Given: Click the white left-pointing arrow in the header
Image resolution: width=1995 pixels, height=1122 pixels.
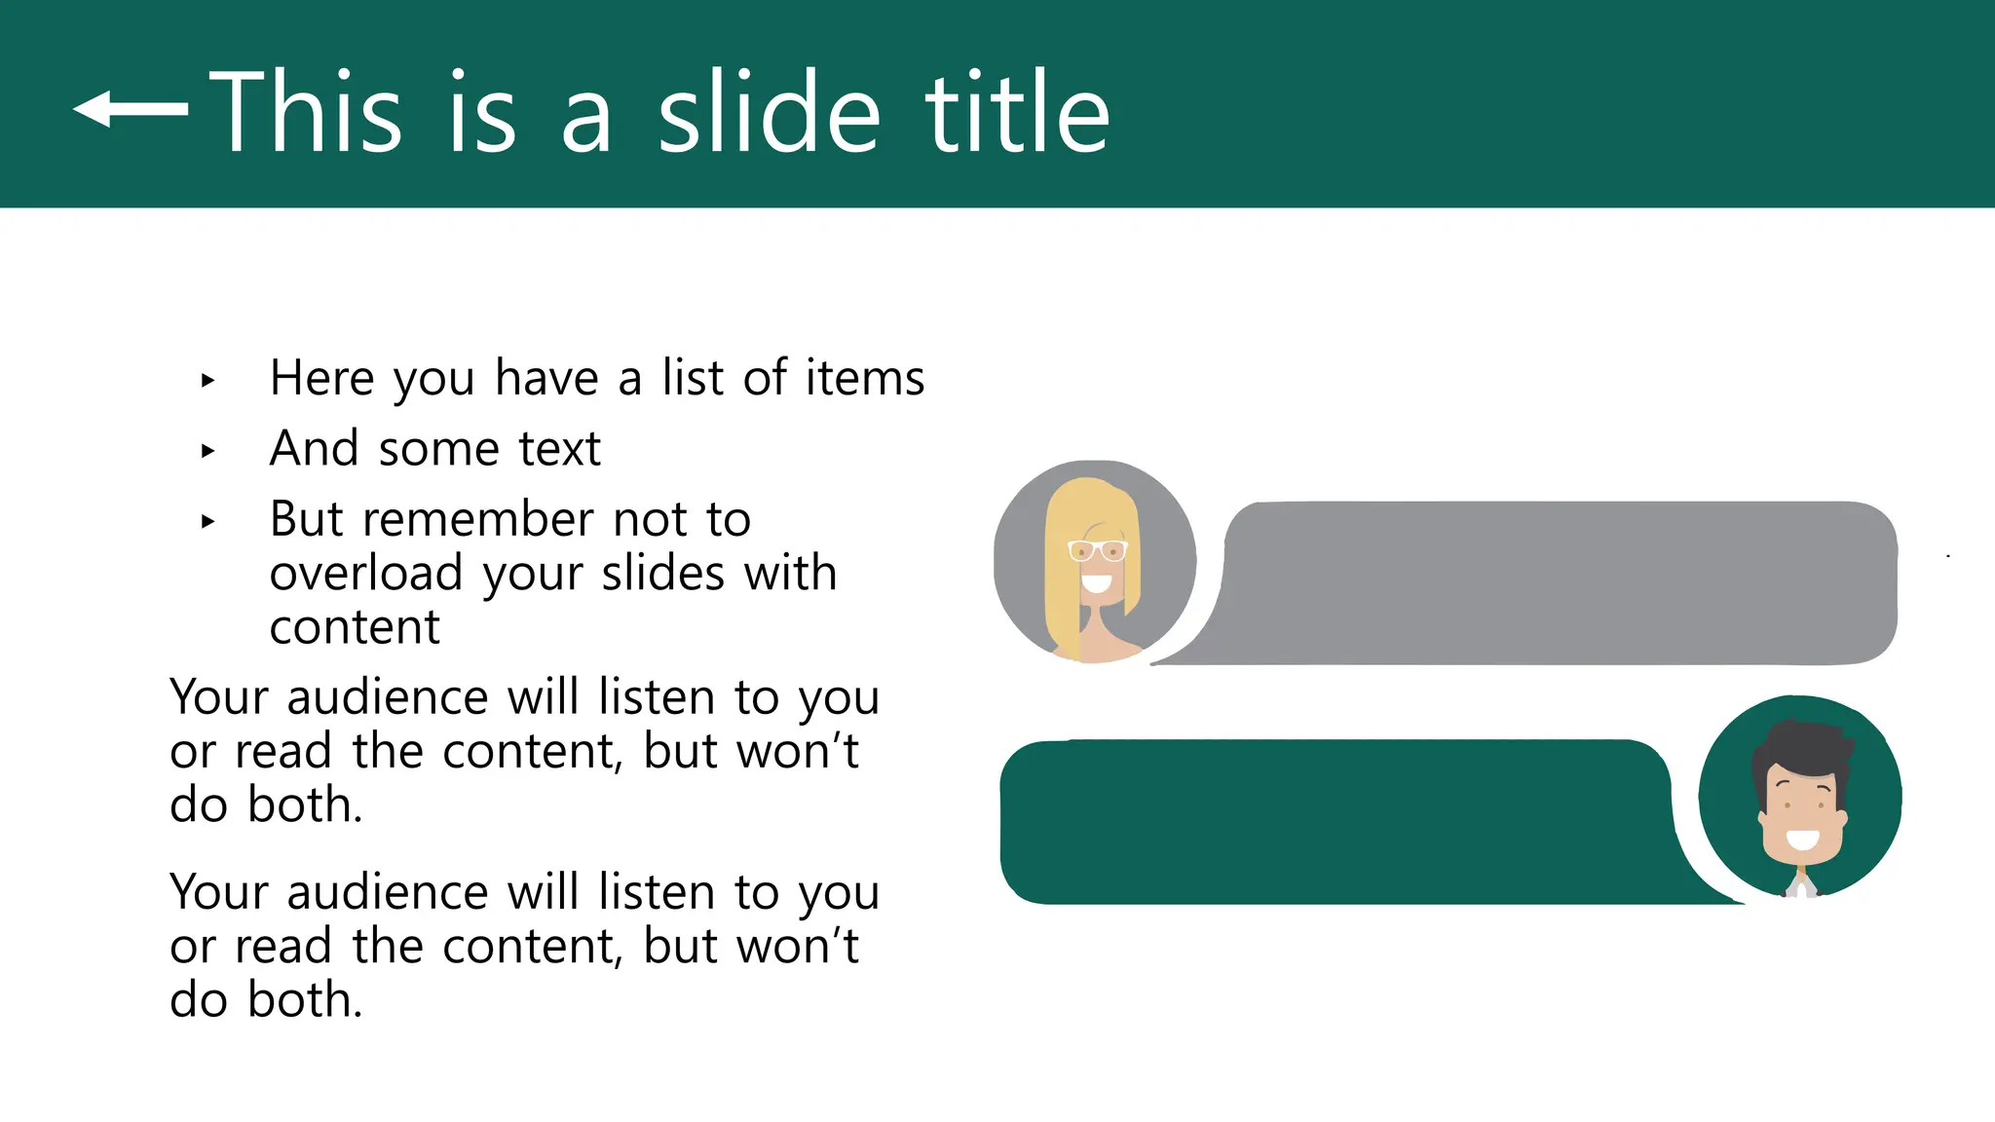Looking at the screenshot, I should pos(131,109).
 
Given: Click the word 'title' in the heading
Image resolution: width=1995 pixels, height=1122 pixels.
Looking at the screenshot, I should pos(1017,113).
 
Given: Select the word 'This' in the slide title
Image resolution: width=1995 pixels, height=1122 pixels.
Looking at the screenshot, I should pos(305,113).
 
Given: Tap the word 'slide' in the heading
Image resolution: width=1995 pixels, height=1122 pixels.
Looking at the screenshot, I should pos(770,113).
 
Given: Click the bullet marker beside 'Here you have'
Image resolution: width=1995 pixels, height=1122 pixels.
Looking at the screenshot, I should pos(207,380).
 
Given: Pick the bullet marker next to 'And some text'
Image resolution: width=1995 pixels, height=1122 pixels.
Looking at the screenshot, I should pos(207,451).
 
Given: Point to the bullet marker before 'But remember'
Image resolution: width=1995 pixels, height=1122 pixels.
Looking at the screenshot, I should pos(207,521).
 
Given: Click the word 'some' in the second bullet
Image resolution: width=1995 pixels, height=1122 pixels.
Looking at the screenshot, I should pos(438,449).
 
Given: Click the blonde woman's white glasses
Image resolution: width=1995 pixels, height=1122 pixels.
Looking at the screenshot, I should pos(1097,551).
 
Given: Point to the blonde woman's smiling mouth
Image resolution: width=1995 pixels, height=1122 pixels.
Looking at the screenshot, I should pos(1097,584).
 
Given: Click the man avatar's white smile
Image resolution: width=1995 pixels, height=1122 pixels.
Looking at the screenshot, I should pos(1802,838).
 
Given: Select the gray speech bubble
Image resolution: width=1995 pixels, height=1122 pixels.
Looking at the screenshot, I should pos(1559,583).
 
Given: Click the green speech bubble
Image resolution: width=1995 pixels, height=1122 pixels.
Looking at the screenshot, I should pos(1335,821).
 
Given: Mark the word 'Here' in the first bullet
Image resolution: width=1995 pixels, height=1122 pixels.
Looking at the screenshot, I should pos(321,378).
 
